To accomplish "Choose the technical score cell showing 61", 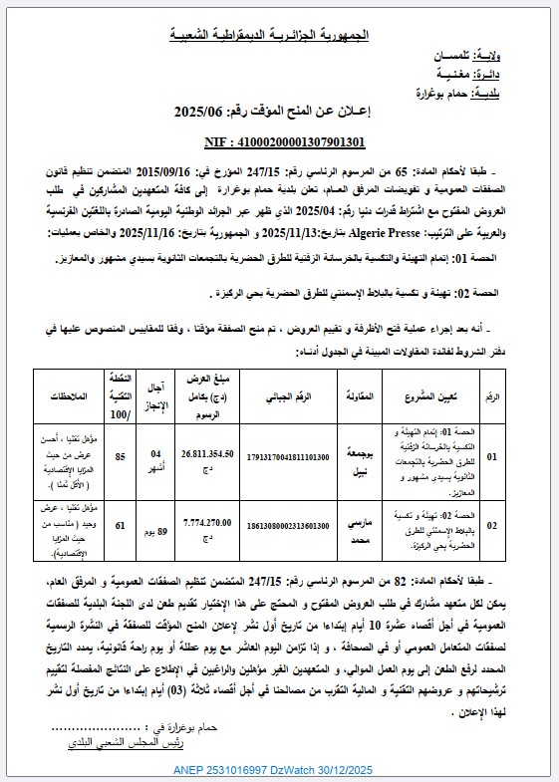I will point(120,525).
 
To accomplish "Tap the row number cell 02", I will point(518,525).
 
